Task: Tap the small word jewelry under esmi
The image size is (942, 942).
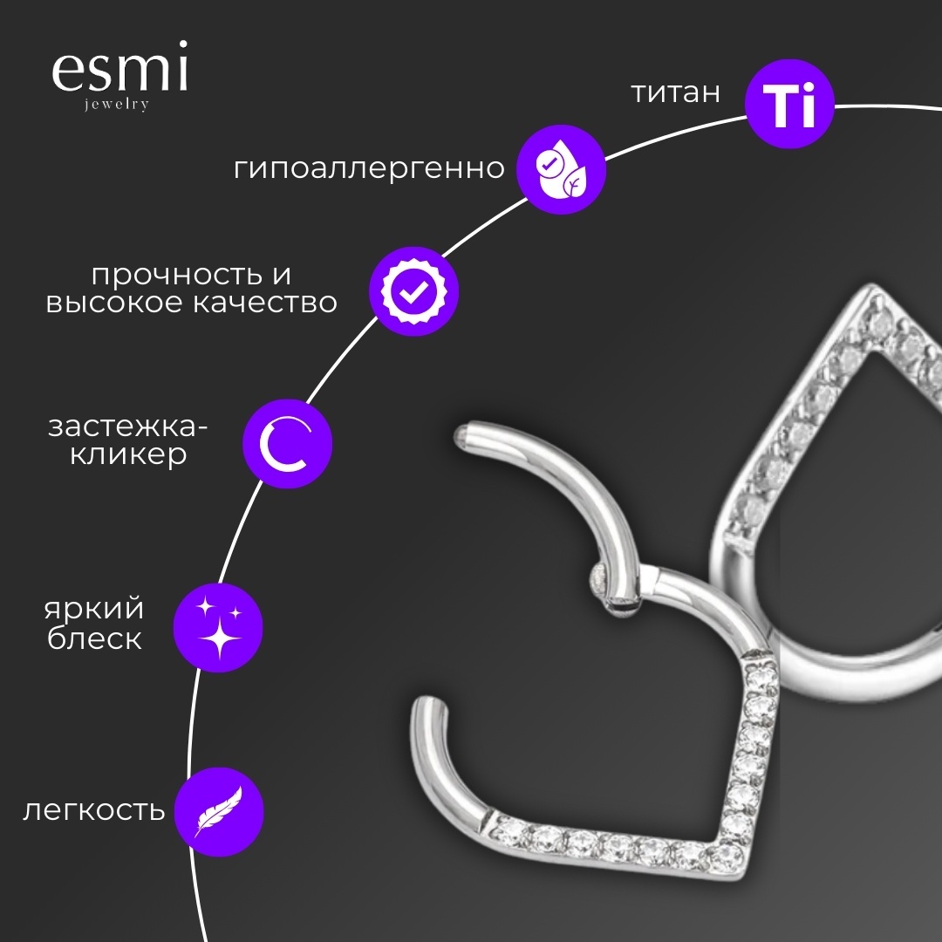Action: pos(117,104)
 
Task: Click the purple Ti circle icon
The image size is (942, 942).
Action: pos(789,103)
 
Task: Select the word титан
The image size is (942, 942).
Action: pos(675,92)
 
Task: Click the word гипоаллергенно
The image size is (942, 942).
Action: pos(369,168)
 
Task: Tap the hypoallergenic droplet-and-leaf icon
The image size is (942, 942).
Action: pos(561,169)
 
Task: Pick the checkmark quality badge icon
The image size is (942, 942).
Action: pos(414,291)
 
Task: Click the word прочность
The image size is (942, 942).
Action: pos(176,276)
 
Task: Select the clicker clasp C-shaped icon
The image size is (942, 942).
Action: pos(287,444)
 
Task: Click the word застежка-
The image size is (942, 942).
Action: pos(127,427)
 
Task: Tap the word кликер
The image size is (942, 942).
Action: pos(128,454)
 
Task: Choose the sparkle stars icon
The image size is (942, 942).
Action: pos(218,628)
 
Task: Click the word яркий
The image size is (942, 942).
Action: pos(93,609)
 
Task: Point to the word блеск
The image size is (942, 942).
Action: pos(94,638)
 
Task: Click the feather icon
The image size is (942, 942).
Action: pos(219,812)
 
